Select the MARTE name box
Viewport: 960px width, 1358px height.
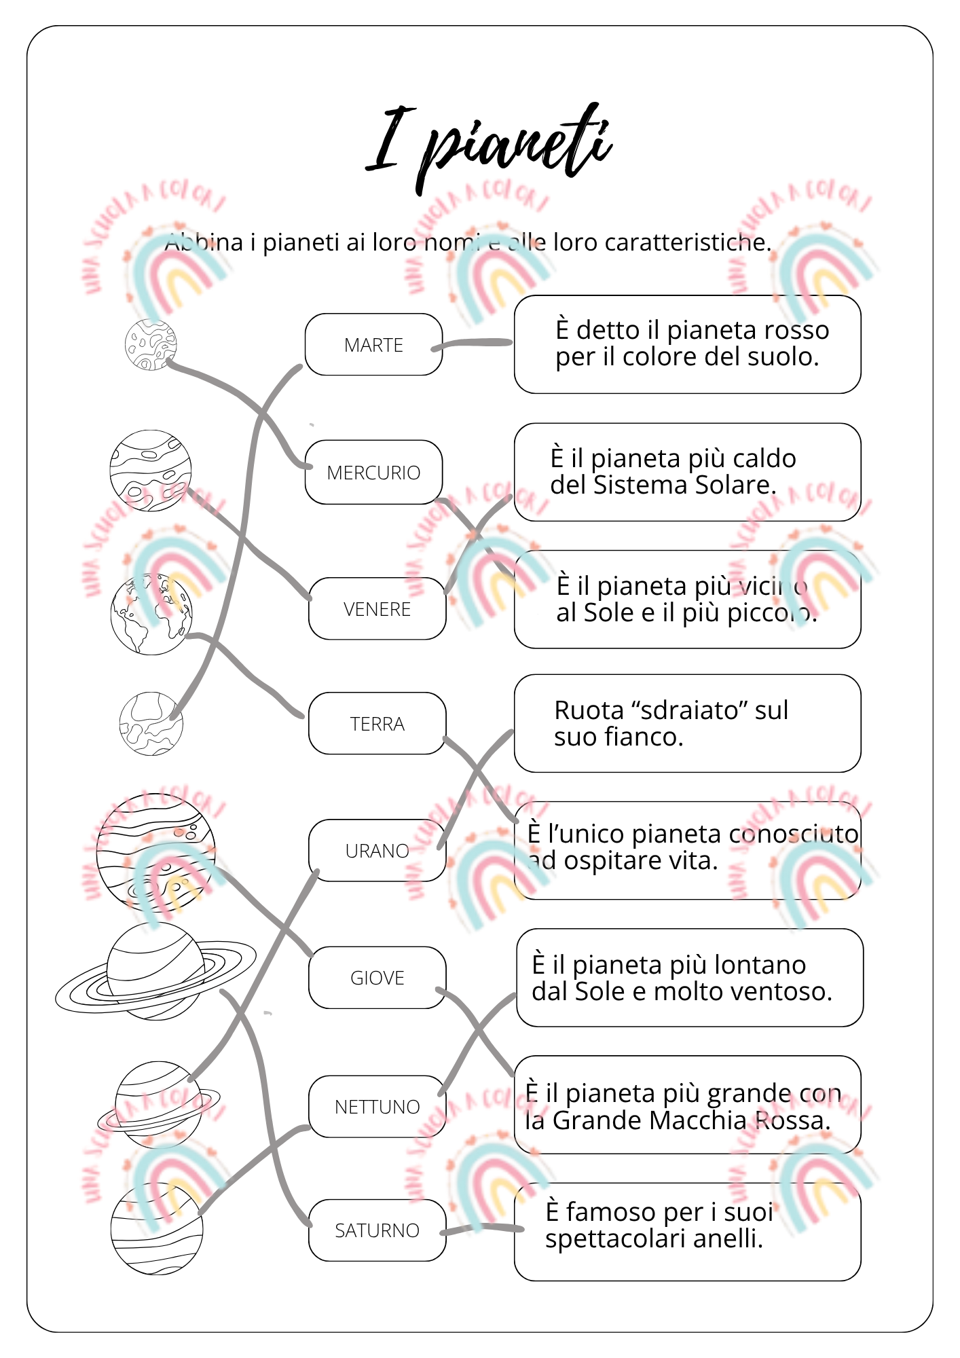coord(373,344)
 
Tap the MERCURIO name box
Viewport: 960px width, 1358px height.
coord(373,472)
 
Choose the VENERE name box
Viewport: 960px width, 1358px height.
coord(377,609)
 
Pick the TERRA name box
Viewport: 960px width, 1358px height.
coord(377,724)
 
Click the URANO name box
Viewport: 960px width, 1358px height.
coord(377,851)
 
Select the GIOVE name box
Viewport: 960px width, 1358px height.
coord(377,978)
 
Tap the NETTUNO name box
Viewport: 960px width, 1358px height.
coord(377,1107)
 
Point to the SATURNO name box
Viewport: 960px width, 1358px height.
coord(377,1230)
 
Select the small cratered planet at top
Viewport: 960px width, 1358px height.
coord(151,345)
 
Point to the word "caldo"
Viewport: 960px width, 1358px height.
coord(764,459)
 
